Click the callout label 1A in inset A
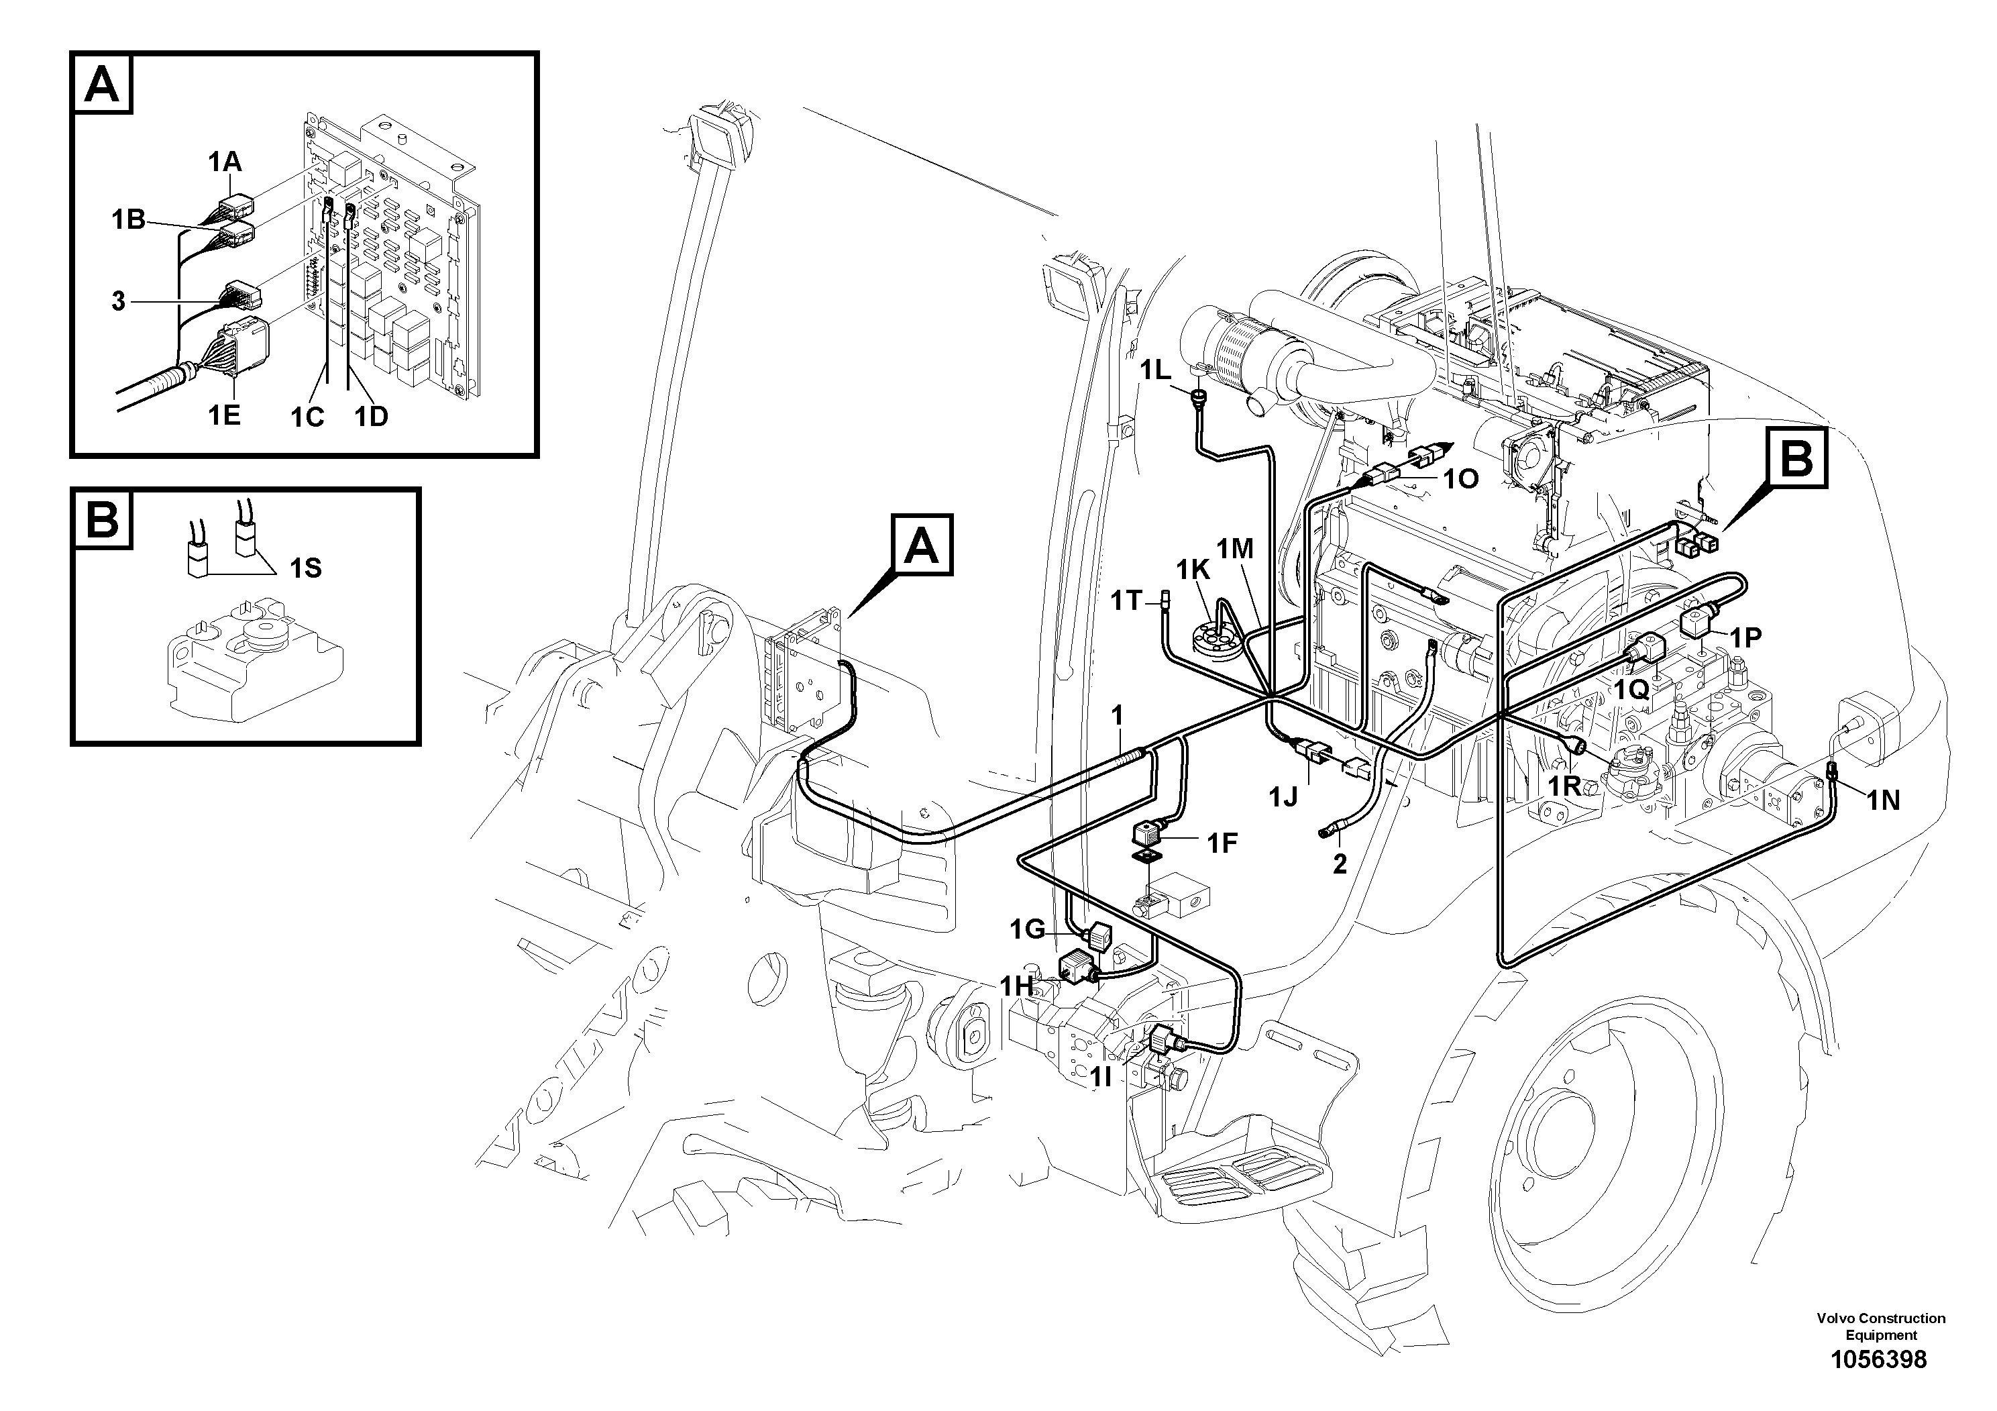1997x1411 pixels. [x=225, y=161]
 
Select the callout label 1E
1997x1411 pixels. [x=223, y=415]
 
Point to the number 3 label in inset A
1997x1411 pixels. [x=118, y=302]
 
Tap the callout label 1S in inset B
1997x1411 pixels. [x=305, y=568]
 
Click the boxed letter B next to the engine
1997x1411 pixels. [x=1796, y=458]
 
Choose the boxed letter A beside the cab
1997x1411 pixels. [x=921, y=546]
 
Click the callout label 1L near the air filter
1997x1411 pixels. [x=1156, y=370]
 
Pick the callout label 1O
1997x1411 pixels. [x=1461, y=479]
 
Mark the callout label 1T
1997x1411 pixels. [x=1126, y=600]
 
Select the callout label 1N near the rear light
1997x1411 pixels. [x=1882, y=800]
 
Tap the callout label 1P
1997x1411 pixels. [x=1745, y=637]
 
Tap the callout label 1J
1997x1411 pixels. [x=1283, y=796]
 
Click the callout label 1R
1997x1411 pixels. [x=1563, y=786]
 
